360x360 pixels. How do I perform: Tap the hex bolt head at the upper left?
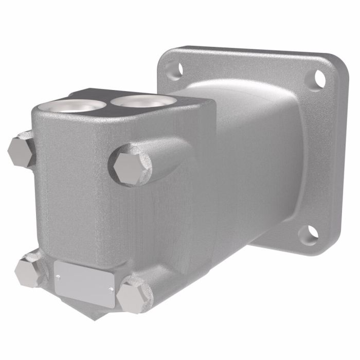(21, 150)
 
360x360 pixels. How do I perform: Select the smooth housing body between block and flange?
(247, 154)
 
